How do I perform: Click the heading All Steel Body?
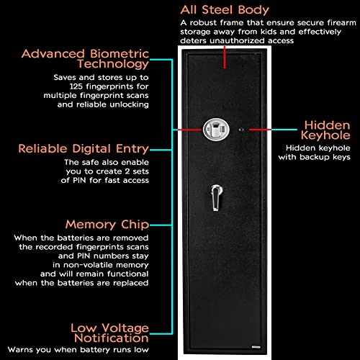[x=225, y=10]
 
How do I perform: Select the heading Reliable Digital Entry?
[x=84, y=148]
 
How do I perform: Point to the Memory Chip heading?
[x=107, y=225]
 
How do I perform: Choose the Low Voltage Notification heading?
[x=109, y=333]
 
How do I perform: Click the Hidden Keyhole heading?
[x=325, y=130]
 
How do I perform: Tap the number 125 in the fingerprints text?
[x=76, y=86]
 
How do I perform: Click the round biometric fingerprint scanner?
[x=216, y=130]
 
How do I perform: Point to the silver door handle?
[x=216, y=197]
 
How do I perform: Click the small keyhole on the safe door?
[x=241, y=130]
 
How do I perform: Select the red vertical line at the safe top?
[x=225, y=57]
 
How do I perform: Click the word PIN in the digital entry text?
[x=79, y=180]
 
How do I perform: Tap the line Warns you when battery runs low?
[x=78, y=350]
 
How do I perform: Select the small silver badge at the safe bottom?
[x=256, y=347]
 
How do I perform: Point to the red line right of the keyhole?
[x=260, y=130]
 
